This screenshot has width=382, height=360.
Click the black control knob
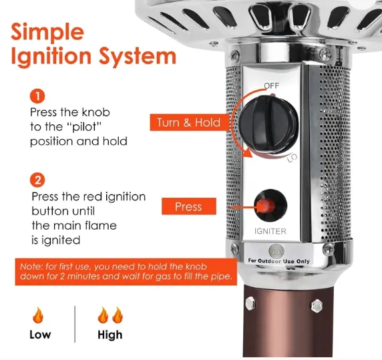click(268, 124)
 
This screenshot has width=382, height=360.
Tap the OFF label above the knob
click(272, 85)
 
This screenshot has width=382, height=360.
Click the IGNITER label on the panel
click(270, 231)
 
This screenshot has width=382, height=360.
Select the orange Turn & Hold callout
click(189, 122)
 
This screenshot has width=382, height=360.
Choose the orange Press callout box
click(189, 206)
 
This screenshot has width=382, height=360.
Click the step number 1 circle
click(37, 96)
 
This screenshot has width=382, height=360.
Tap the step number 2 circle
click(37, 180)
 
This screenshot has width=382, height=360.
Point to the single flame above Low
click(38, 315)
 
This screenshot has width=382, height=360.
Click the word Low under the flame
click(40, 335)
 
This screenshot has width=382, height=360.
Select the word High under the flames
click(110, 335)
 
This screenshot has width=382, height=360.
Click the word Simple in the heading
click(47, 33)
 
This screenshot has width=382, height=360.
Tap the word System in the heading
click(138, 56)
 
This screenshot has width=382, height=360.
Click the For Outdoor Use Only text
click(278, 261)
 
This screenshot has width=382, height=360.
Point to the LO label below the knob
click(292, 158)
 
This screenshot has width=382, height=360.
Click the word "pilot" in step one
click(83, 127)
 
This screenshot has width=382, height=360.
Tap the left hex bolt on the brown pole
click(250, 303)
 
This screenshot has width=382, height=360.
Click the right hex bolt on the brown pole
click(317, 306)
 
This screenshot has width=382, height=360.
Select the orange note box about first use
click(126, 272)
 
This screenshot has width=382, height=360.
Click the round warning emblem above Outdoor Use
click(276, 251)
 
